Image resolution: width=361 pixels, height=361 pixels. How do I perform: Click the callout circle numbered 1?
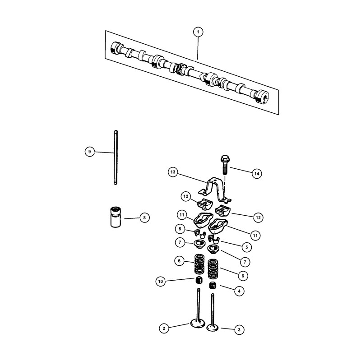[198, 32]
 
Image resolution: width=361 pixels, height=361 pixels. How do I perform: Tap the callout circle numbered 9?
[89, 152]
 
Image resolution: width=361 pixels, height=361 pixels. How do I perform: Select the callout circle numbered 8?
[144, 218]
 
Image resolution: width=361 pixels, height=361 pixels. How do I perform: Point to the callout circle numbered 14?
[257, 174]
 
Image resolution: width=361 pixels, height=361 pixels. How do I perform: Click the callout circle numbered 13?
[173, 172]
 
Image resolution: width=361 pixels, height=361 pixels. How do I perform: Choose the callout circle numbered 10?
[161, 281]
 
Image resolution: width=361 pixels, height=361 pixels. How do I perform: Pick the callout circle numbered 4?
[239, 291]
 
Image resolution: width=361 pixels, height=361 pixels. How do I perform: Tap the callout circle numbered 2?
[164, 328]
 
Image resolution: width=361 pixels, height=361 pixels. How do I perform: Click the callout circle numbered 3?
[239, 330]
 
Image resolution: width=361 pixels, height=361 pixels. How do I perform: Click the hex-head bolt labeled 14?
[225, 165]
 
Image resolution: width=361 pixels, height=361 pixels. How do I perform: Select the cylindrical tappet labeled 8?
[116, 217]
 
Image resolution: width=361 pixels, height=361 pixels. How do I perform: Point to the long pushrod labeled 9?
[116, 157]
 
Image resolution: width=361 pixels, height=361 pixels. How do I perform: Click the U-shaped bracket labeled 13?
[215, 190]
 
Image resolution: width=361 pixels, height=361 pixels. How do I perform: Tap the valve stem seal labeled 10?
[199, 280]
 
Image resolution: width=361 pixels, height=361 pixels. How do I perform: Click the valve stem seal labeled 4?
[213, 286]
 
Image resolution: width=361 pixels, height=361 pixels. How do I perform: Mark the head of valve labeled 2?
[198, 323]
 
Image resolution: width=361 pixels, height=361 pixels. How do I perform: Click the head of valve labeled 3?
[212, 327]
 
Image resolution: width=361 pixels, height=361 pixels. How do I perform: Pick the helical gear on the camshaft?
[180, 69]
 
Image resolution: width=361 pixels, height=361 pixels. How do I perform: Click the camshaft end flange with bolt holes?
[262, 97]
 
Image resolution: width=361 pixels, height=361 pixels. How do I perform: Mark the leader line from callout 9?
[104, 152]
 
